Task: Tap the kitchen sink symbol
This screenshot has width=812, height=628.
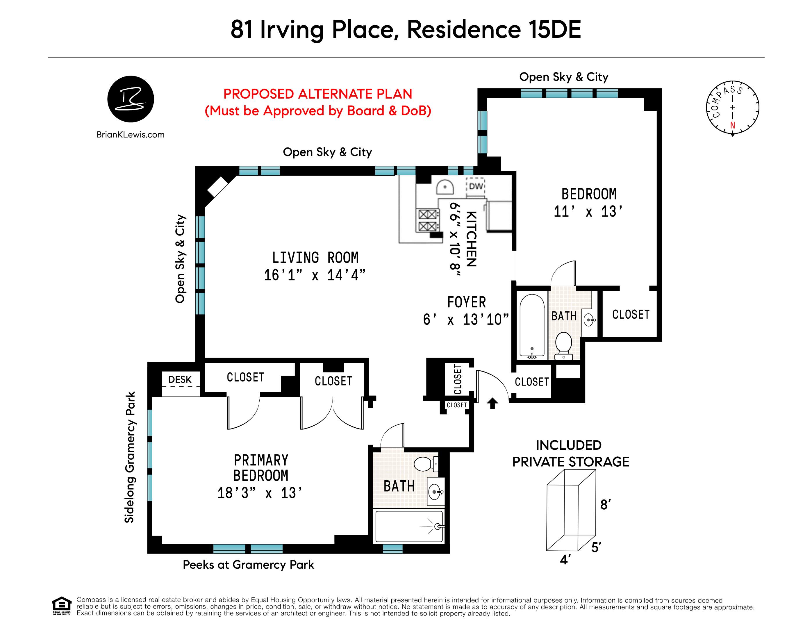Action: click(445, 187)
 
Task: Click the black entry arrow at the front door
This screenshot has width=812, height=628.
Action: click(492, 403)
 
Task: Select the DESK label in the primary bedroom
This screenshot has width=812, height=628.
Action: click(180, 380)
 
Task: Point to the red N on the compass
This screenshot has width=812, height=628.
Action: click(732, 125)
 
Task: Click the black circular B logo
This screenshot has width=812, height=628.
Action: click(131, 99)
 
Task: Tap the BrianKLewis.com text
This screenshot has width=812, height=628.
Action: click(131, 135)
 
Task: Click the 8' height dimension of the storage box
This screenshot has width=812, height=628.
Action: click(605, 504)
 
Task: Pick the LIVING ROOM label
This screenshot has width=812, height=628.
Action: click(315, 258)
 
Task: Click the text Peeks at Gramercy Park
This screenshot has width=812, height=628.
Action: click(248, 565)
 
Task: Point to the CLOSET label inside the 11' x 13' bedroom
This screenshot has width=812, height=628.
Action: click(631, 315)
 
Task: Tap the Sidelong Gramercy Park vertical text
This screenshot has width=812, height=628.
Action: click(129, 457)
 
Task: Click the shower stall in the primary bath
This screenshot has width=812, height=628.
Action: click(409, 527)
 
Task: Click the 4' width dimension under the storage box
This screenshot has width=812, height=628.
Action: click(565, 560)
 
